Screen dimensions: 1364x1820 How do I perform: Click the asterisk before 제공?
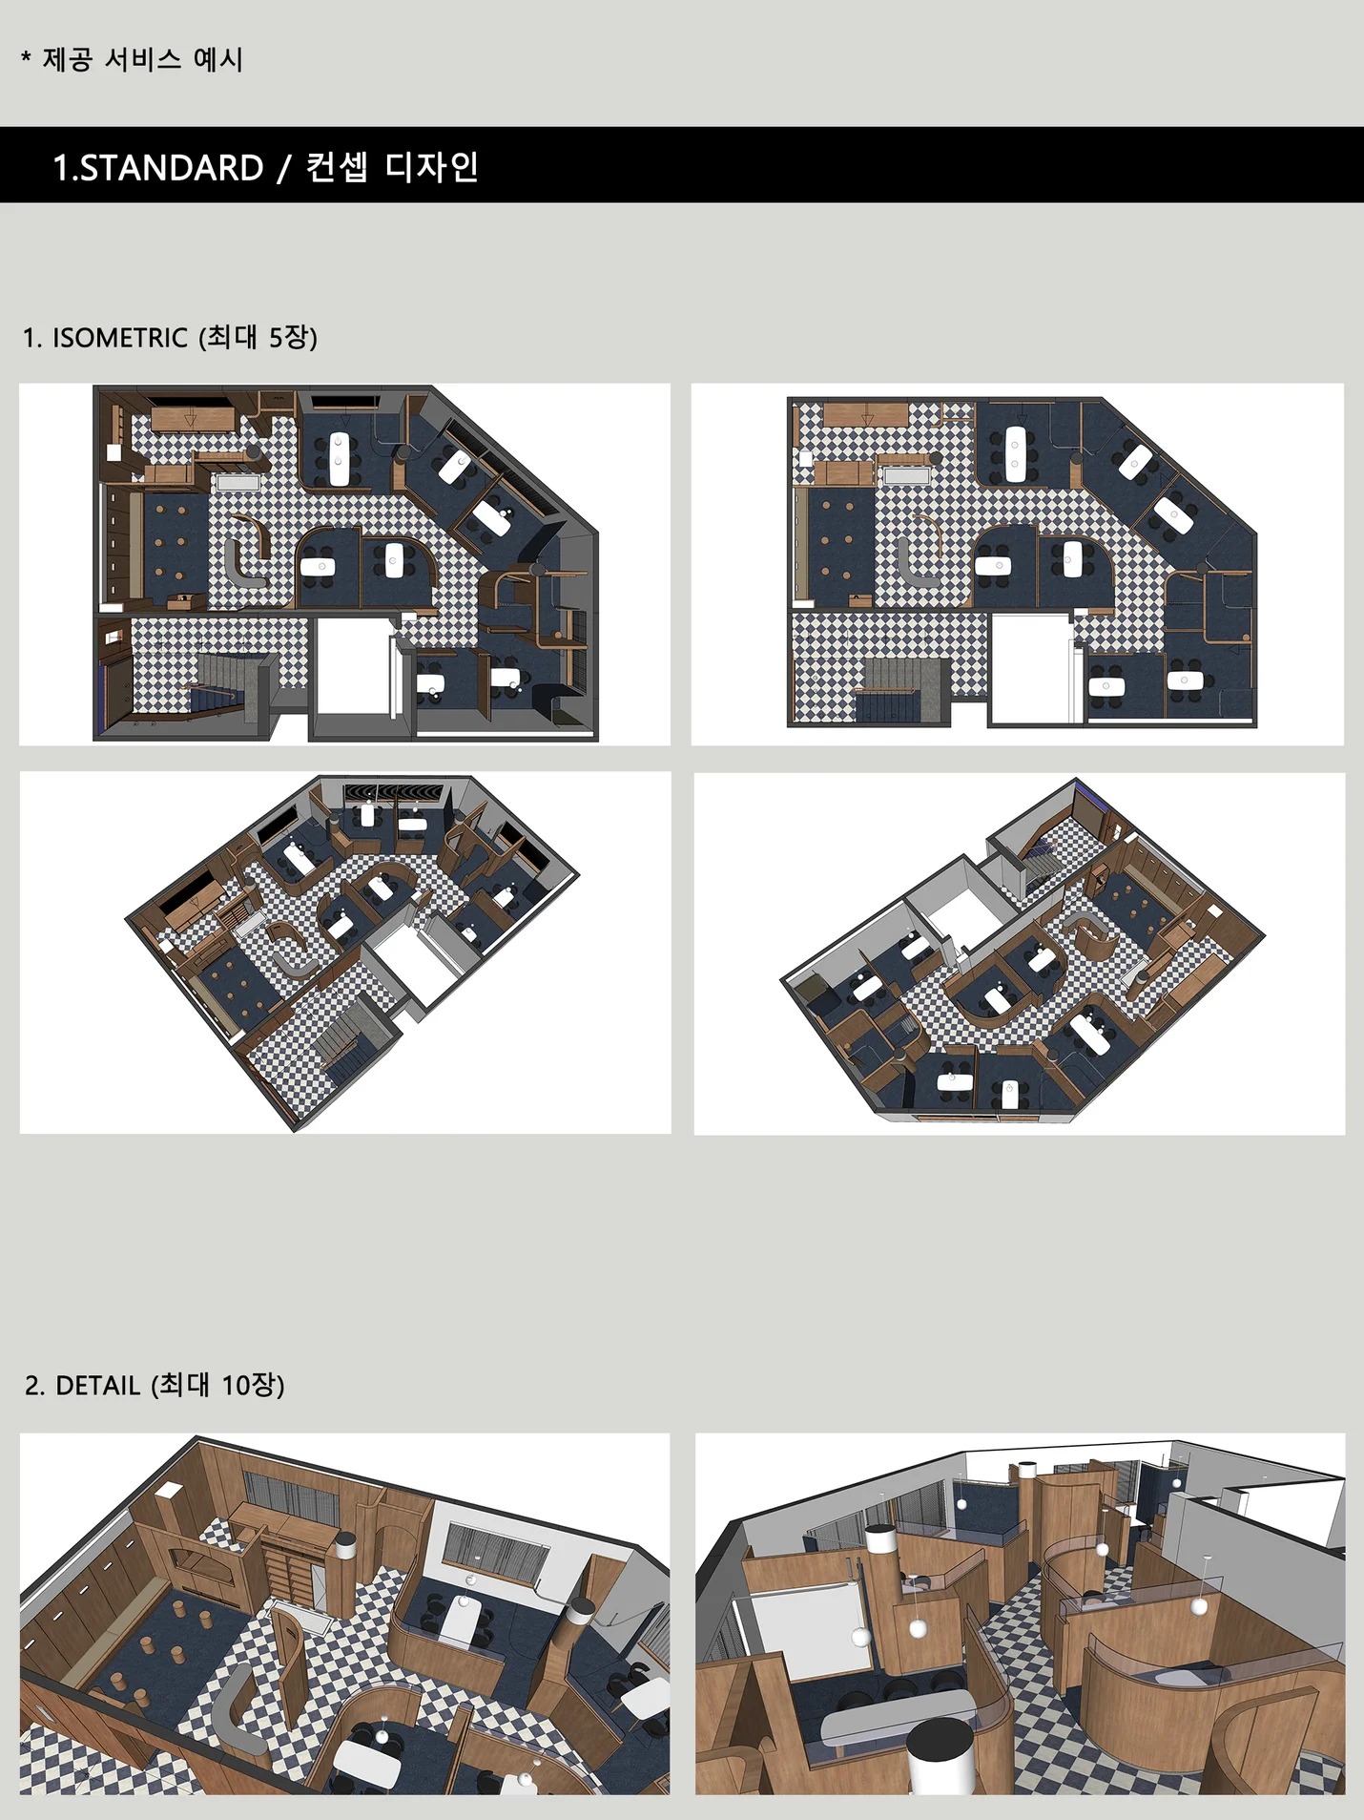[26, 58]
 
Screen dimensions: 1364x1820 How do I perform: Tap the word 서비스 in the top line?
[142, 59]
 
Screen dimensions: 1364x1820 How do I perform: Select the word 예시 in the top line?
[218, 59]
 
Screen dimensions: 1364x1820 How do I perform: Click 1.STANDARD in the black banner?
[158, 168]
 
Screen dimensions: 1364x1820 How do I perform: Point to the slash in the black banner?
[284, 168]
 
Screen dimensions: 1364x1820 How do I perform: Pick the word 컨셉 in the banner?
[337, 167]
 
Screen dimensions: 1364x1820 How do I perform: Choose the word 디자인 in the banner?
[432, 167]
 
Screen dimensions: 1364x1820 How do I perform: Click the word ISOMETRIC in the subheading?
[120, 338]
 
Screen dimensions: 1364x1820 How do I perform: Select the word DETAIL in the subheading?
[98, 1385]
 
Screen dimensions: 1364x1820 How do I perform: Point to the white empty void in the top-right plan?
[1030, 668]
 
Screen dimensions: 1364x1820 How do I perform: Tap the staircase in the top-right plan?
[900, 690]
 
